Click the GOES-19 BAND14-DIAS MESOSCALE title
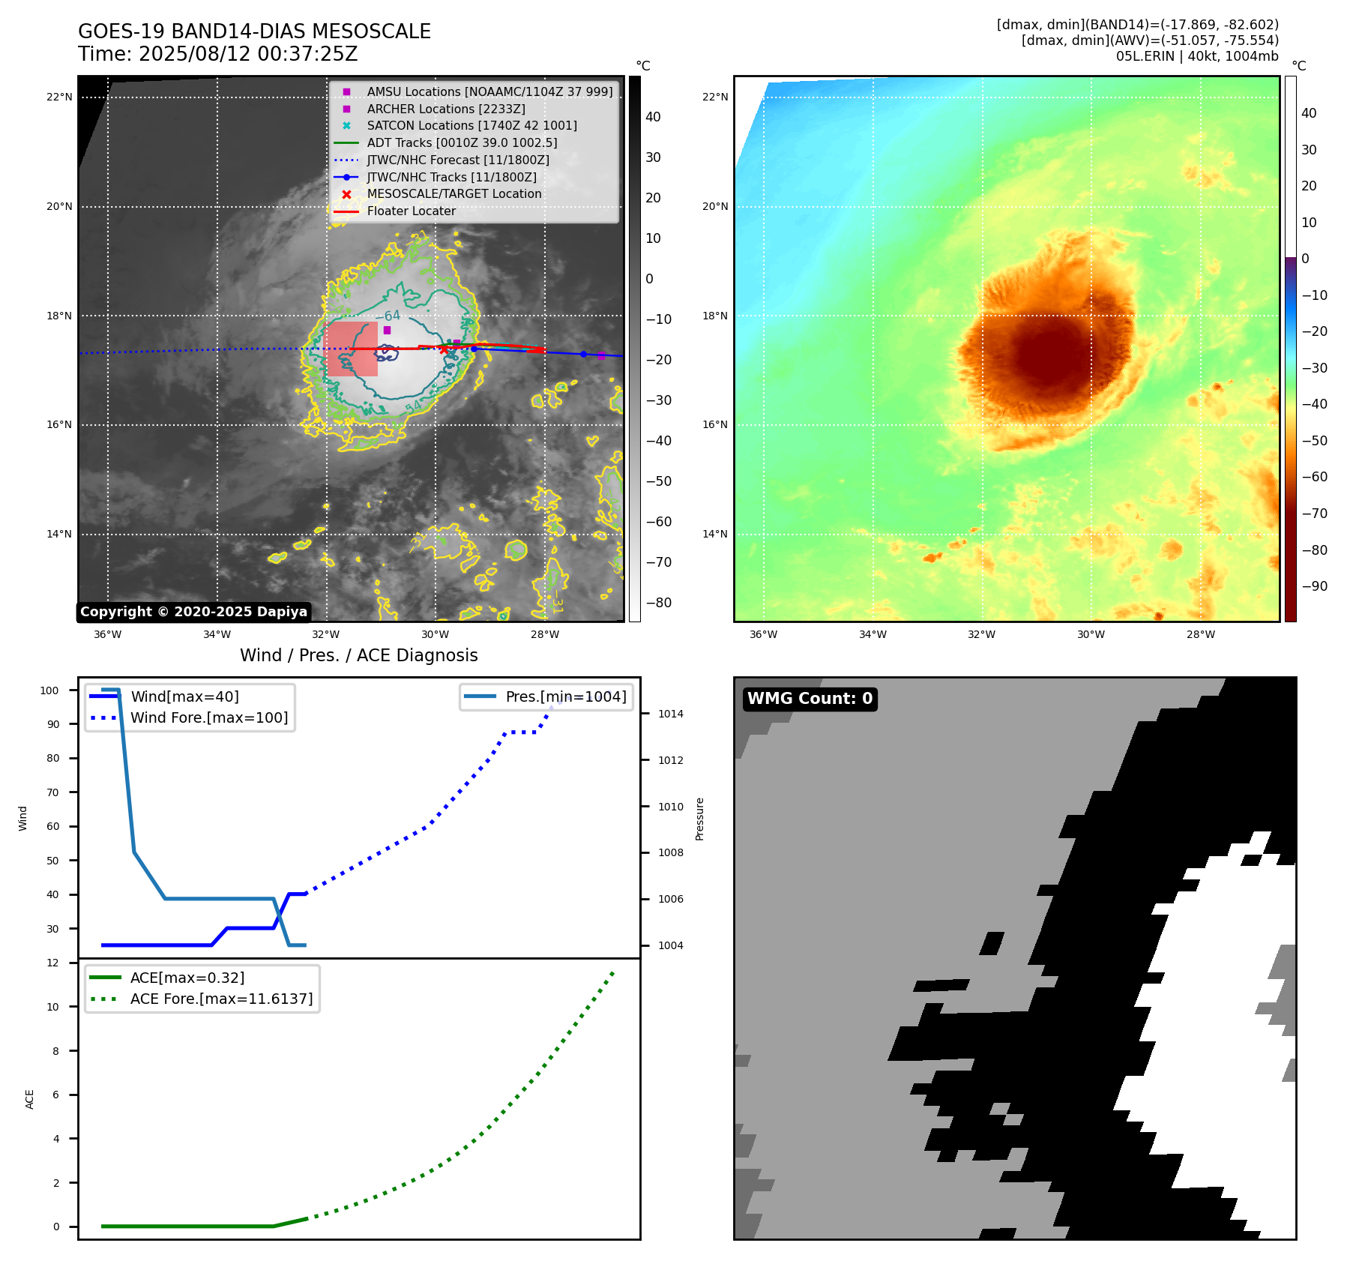coord(254,31)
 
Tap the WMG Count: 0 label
coord(810,699)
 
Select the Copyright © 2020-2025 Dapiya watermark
coord(193,612)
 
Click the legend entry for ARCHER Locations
coord(445,109)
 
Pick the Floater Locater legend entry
coord(411,211)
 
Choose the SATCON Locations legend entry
coord(471,126)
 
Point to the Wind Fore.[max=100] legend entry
coord(208,717)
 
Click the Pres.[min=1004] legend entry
coord(565,696)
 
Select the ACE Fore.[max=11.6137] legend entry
coord(221,999)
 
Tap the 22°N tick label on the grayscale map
coord(59,97)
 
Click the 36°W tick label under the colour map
coord(763,634)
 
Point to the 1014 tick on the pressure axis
coord(670,714)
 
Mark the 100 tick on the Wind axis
coord(49,690)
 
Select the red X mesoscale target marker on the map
coord(444,349)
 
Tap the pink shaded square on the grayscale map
coord(352,349)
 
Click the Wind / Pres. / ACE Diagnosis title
coord(358,655)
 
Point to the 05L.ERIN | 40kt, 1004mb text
coord(1196,56)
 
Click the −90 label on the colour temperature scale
coord(1314,586)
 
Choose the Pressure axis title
coord(699,819)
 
